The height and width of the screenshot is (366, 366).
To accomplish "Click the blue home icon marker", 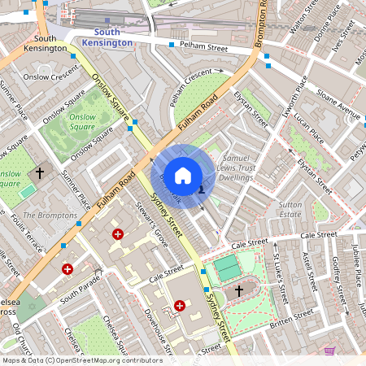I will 183,175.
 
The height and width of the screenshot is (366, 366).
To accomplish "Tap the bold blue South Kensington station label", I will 111,37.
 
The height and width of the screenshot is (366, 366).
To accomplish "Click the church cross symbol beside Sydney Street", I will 239,290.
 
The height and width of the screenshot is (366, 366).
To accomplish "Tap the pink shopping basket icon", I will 330,351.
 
